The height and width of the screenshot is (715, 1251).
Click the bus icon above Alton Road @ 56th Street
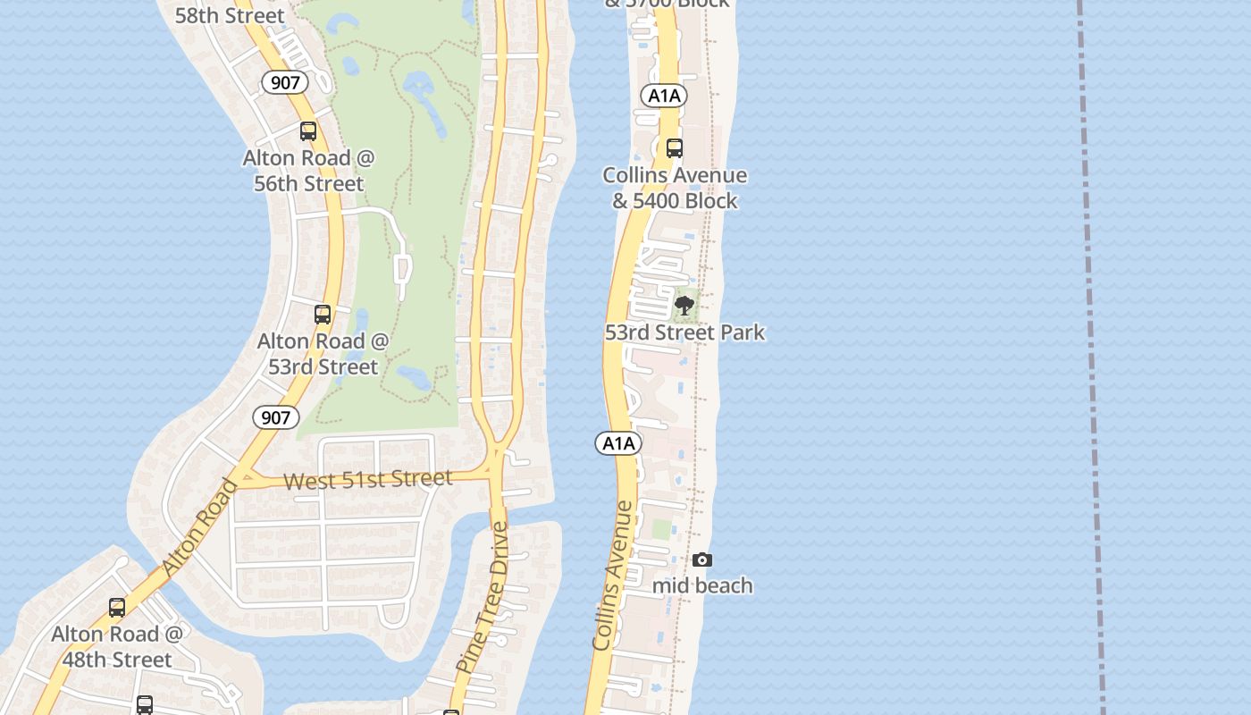308,131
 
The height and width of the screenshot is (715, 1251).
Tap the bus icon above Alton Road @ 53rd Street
323,315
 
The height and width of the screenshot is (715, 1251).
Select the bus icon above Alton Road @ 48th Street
117,608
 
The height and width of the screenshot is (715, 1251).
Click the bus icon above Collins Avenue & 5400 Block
675,148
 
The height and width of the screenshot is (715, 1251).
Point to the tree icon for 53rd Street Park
684,307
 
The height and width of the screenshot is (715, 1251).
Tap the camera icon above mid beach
702,559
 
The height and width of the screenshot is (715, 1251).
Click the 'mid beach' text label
702,586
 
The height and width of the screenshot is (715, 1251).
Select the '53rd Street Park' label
684,332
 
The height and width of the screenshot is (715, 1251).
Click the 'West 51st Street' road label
367,480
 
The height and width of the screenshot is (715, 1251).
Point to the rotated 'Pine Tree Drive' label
483,597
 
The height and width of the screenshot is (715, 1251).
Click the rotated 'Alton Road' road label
201,527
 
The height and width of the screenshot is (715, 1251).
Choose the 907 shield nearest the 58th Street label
285,83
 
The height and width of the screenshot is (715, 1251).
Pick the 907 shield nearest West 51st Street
275,416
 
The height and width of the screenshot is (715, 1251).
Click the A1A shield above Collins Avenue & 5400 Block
663,96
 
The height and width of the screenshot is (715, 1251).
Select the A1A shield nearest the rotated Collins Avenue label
618,443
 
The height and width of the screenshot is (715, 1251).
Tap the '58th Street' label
230,15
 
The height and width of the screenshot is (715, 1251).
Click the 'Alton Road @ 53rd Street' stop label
323,354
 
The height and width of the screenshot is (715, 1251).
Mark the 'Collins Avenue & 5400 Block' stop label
675,188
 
